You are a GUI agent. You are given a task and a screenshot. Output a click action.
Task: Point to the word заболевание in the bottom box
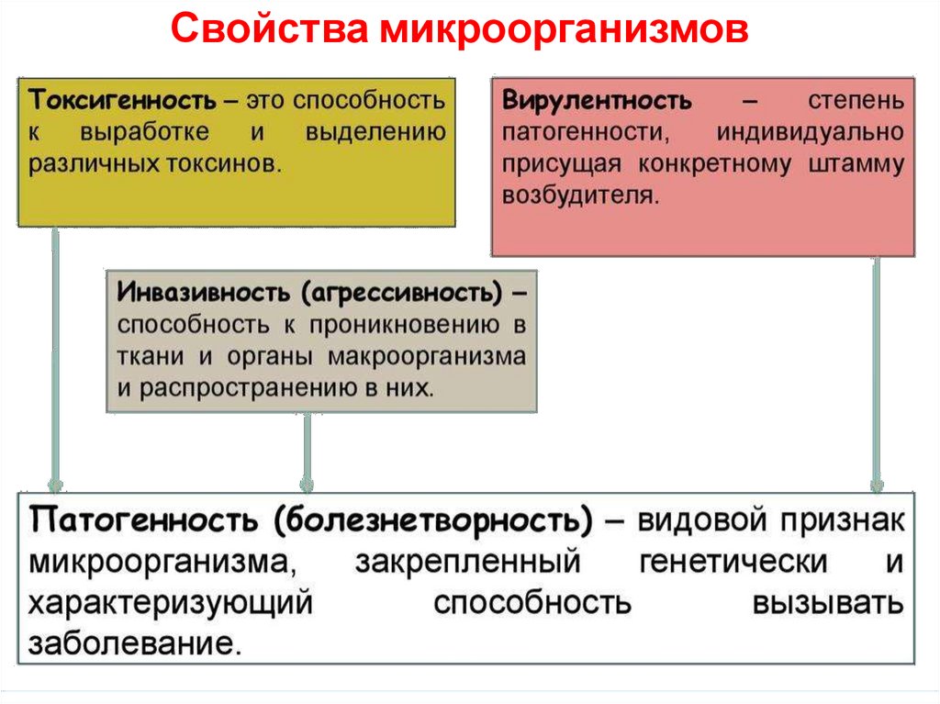[x=136, y=641]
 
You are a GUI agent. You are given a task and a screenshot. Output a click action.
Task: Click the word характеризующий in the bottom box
[x=171, y=602]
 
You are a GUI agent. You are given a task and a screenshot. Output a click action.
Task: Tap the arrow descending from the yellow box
[x=55, y=358]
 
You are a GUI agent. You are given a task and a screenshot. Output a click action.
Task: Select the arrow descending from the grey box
[x=307, y=450]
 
